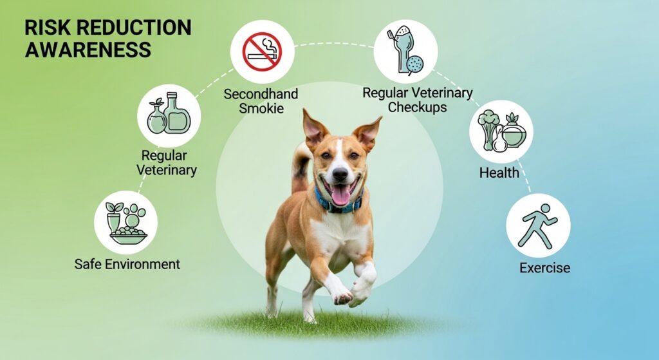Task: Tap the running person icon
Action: click(537, 225)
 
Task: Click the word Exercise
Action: click(544, 267)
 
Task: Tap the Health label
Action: click(499, 173)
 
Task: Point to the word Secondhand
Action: click(261, 94)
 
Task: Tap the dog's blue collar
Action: click(338, 204)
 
